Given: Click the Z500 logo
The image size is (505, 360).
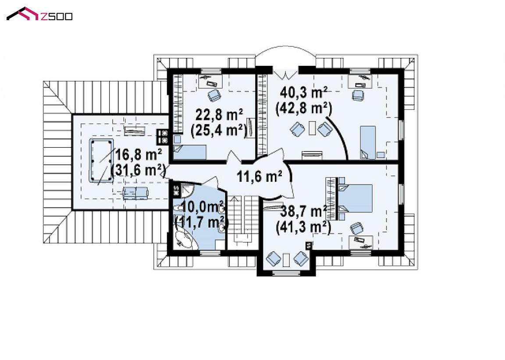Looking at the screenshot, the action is click(39, 14).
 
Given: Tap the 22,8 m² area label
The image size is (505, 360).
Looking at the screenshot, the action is click(219, 115).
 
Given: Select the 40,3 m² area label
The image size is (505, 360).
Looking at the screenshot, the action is click(304, 93).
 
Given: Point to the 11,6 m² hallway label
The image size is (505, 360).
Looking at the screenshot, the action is click(260, 176).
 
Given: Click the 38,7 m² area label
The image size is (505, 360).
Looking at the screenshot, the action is click(304, 212).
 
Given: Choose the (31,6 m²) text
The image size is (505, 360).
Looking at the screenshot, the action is click(138, 170).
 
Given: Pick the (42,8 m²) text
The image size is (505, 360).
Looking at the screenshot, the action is click(303, 108).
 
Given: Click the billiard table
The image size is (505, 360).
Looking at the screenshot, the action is click(101, 160).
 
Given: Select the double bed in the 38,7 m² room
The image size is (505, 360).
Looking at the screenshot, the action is click(354, 198).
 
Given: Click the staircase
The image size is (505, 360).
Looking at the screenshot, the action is click(243, 222).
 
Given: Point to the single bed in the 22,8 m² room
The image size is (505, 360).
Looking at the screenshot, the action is click(190, 152).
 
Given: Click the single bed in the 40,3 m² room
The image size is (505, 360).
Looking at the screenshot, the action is click(368, 142).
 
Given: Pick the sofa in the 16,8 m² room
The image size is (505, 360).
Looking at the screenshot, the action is click(135, 192).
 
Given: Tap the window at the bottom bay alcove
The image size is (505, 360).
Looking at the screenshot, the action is click(286, 274).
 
